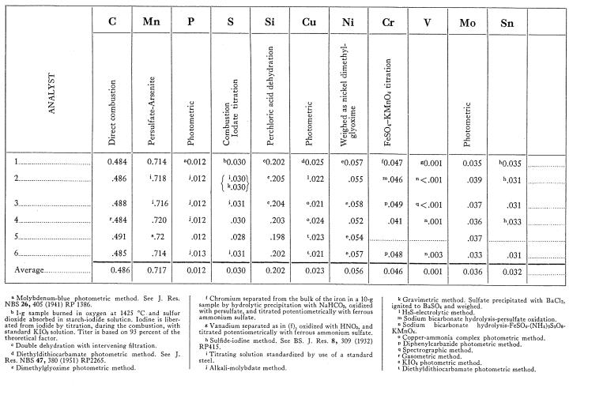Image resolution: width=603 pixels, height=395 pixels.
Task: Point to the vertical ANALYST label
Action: point(51,106)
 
